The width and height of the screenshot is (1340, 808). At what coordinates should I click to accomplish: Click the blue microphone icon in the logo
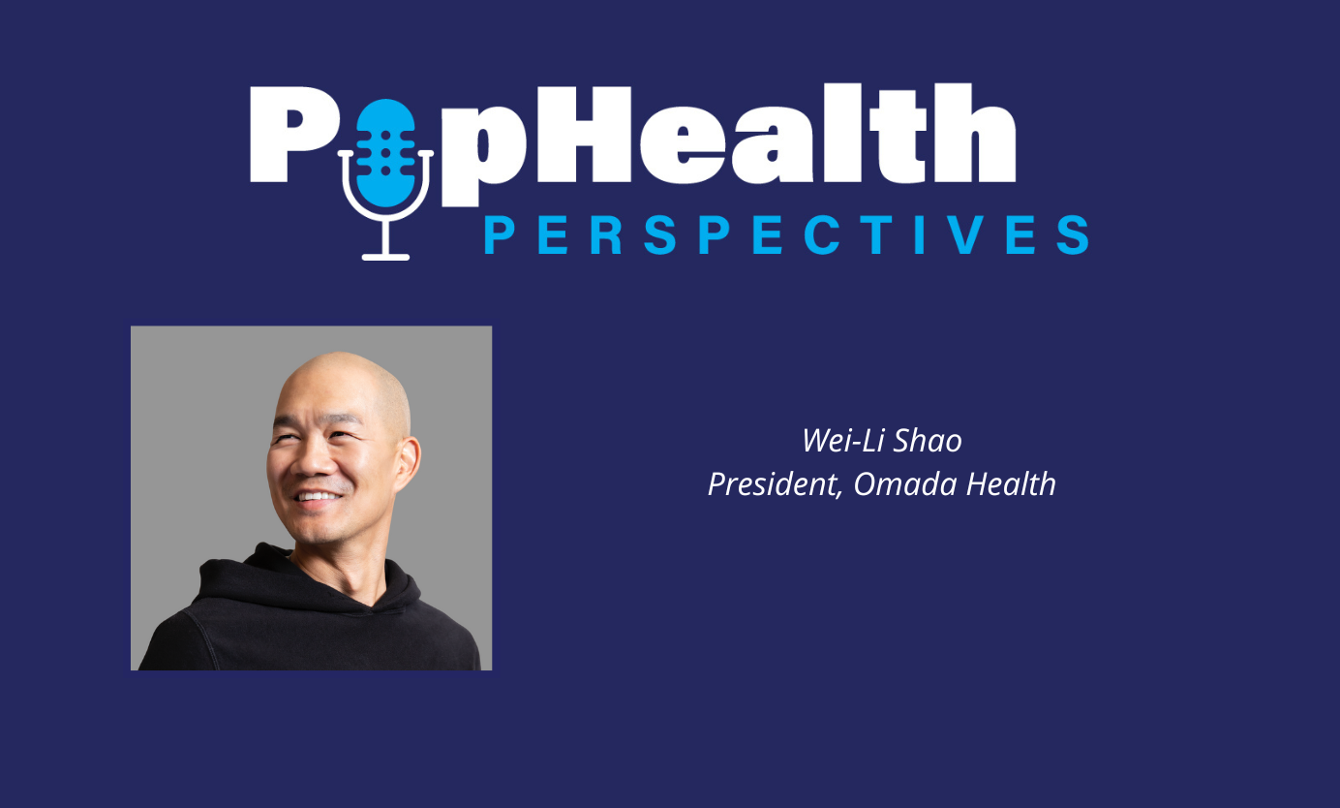[x=385, y=152]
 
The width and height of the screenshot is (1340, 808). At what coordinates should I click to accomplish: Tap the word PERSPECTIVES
[x=786, y=235]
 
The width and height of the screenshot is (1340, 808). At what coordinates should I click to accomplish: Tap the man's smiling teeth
[x=319, y=497]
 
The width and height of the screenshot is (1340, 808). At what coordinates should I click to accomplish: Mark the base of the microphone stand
[x=385, y=256]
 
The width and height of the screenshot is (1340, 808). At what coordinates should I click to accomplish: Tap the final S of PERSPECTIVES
[x=1072, y=235]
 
